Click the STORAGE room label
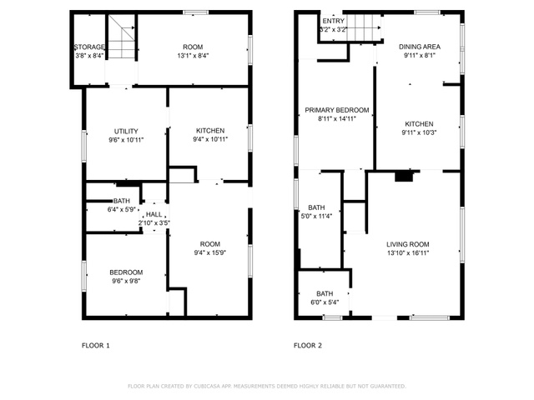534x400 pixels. pos(89,47)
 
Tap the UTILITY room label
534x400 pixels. pos(126,132)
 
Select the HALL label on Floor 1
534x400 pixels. pos(154,214)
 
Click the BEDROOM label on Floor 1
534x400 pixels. pos(126,272)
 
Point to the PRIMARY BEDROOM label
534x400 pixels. pos(337,110)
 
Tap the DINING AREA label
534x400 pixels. pos(420,47)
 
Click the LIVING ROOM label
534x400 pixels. pos(408,244)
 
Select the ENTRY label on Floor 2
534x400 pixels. pos(334,21)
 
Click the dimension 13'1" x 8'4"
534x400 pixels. pos(193,56)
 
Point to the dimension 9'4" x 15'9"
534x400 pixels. pos(210,252)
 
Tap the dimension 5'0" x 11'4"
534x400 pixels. pos(316,216)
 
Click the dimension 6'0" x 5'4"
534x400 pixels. pos(325,302)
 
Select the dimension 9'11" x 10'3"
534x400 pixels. pos(419,132)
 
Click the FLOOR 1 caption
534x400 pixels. pos(96,346)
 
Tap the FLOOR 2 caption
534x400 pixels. pos(308,346)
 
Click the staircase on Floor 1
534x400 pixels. pos(122,37)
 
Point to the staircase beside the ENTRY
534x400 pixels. pos(364,27)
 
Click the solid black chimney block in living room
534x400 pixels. pos(404,177)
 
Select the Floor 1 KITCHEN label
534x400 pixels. pos(210,131)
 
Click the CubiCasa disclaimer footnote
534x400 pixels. pos(267,386)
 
